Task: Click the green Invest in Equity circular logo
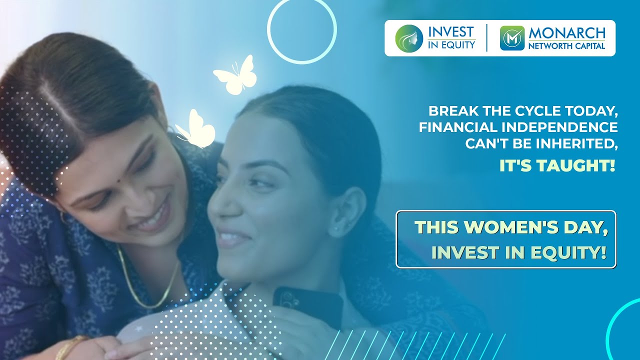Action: [x=409, y=38]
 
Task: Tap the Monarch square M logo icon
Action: [x=512, y=38]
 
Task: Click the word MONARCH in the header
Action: [x=567, y=33]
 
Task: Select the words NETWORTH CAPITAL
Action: [x=566, y=45]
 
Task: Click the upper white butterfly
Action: [x=235, y=75]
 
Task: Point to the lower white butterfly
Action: [x=195, y=129]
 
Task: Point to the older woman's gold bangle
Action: [x=71, y=347]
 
